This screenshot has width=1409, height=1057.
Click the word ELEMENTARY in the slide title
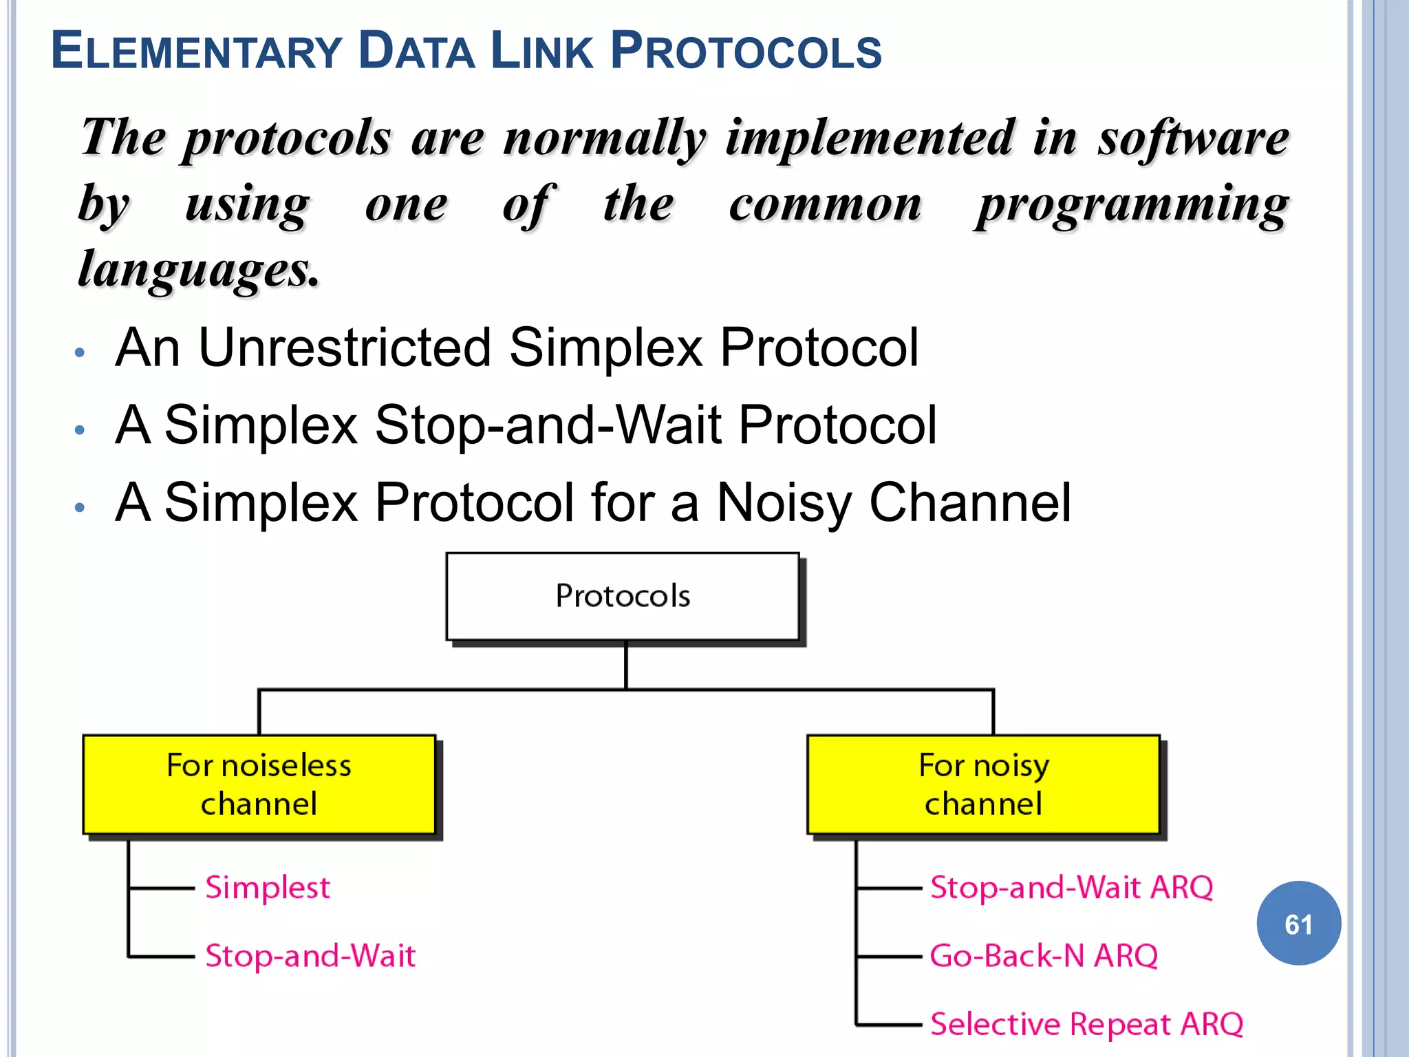tap(196, 52)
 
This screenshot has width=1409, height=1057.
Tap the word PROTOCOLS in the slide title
tap(746, 52)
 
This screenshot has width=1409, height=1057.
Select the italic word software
tap(1193, 138)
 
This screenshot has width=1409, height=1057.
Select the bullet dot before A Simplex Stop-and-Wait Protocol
tap(80, 431)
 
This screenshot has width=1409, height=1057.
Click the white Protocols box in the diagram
tap(623, 596)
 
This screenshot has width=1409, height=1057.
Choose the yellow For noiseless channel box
tap(259, 784)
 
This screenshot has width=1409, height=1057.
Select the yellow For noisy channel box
tap(983, 784)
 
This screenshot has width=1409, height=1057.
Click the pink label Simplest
tap(268, 888)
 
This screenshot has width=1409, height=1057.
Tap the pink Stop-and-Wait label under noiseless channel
tap(310, 956)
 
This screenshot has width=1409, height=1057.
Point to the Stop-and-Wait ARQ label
tap(1071, 888)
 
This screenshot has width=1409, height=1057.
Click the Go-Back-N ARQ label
tap(1044, 956)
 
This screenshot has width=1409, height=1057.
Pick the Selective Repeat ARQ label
tap(1086, 1024)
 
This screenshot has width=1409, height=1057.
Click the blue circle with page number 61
tap(1298, 923)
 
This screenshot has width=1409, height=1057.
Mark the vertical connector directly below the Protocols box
tap(625, 665)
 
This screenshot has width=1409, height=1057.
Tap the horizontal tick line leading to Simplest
tap(162, 888)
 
